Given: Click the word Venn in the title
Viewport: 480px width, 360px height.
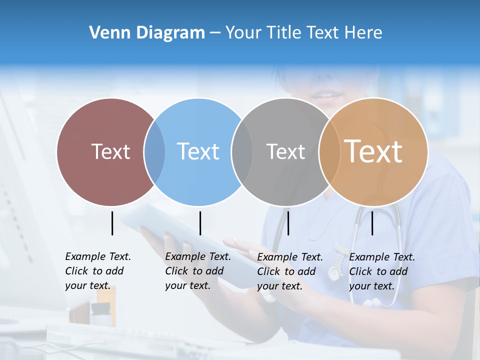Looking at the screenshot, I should (106, 33).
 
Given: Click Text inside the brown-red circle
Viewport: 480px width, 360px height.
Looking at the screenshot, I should (110, 151).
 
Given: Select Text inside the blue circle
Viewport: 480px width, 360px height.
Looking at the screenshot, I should (198, 151).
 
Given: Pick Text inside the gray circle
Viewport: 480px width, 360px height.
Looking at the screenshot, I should (285, 151).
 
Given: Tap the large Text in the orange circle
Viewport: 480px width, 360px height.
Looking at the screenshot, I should (373, 151).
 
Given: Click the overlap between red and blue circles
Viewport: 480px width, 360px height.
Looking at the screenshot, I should (154, 151).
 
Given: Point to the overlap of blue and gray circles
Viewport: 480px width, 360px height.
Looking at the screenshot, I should (242, 151).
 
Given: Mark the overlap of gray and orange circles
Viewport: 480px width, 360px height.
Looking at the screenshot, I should (328, 151).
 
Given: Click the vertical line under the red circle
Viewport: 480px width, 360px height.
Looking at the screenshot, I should (112, 223).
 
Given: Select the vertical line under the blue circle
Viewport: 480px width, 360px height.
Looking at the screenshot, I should (200, 223).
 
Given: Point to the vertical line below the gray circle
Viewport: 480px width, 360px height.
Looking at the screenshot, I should (288, 223).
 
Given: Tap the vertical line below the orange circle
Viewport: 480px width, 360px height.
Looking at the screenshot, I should (372, 223).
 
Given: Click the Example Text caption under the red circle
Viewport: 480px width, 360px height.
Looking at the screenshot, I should (97, 271).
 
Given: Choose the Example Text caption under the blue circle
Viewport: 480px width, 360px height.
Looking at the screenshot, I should (197, 271).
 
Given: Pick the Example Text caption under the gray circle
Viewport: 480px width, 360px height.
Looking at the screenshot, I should (289, 271).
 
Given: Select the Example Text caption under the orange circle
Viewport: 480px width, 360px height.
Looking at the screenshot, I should (381, 271).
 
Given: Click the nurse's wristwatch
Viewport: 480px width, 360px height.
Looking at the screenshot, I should (335, 272).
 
